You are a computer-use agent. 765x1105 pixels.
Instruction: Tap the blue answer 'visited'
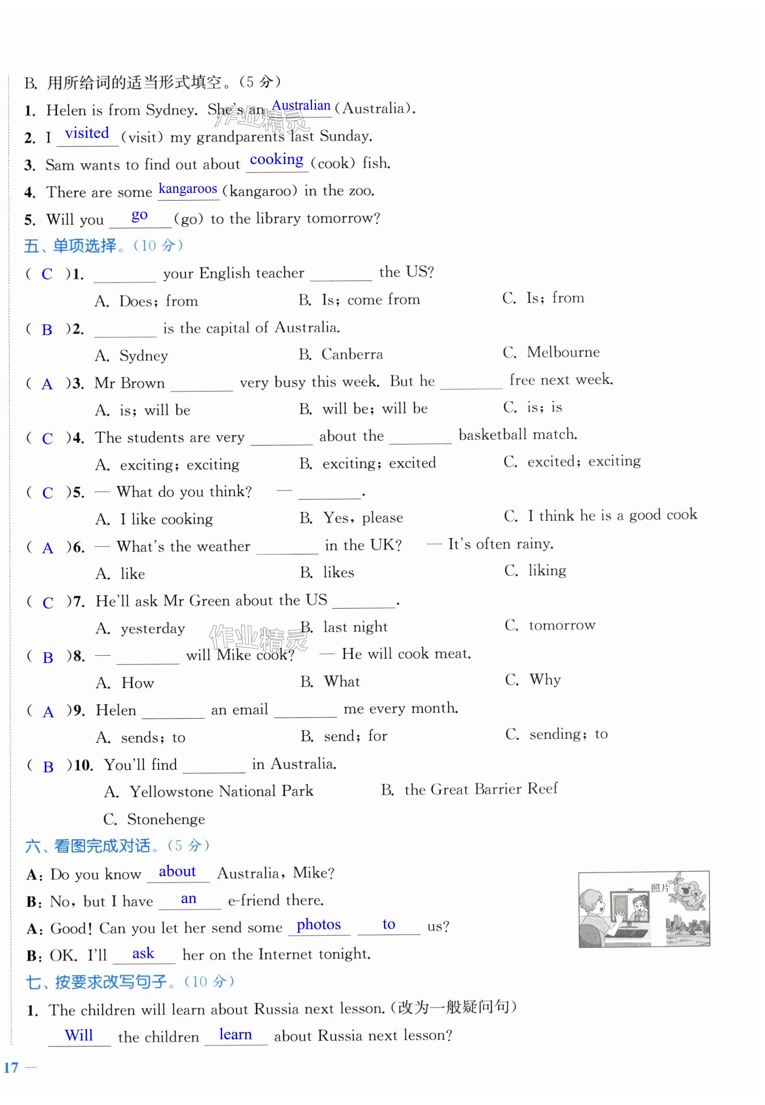click(87, 133)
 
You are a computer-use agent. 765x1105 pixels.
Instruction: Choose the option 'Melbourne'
click(563, 352)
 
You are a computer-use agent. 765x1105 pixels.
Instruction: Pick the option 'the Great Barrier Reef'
click(480, 789)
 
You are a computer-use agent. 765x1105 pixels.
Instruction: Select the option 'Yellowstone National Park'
click(221, 791)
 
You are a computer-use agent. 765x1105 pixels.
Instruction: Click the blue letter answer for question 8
click(48, 657)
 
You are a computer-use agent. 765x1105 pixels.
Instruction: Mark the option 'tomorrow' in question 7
click(562, 625)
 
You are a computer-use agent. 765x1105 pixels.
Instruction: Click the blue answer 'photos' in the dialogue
click(318, 925)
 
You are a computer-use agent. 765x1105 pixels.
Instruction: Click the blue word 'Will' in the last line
click(79, 1035)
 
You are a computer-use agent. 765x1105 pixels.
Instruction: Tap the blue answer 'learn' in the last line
click(235, 1035)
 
